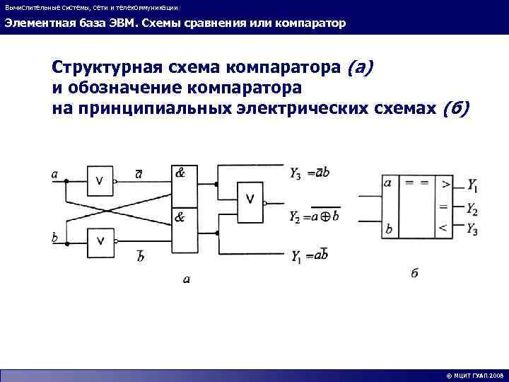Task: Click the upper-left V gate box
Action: pyautogui.click(x=100, y=182)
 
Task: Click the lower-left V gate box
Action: pyautogui.click(x=100, y=242)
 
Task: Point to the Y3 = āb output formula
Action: pyautogui.click(x=309, y=173)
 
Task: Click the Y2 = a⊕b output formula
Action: pyautogui.click(x=314, y=216)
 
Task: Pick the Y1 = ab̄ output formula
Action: pyautogui.click(x=310, y=256)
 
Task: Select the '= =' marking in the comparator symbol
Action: pyautogui.click(x=416, y=183)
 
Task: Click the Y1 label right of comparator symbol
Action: pyautogui.click(x=472, y=188)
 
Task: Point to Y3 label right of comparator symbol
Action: pyautogui.click(x=472, y=228)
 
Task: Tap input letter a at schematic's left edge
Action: pyautogui.click(x=55, y=173)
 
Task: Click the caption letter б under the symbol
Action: pyautogui.click(x=414, y=273)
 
